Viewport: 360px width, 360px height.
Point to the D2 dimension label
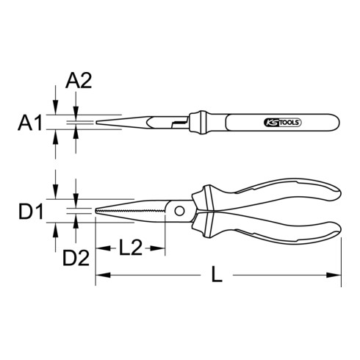(75, 258)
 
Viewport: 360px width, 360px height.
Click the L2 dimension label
(129, 248)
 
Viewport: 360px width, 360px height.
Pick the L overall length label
(215, 276)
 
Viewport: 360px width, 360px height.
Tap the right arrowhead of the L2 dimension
(156, 248)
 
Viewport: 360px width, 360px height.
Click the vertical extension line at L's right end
(342, 257)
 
